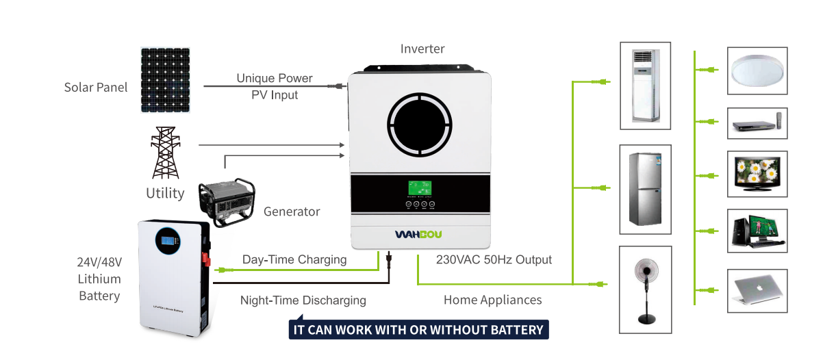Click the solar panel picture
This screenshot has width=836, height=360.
166,80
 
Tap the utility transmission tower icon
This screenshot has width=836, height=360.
165,153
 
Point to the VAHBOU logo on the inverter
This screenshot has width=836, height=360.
418,235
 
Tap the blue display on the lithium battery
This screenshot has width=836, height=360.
168,239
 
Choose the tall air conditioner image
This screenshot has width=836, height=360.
644,86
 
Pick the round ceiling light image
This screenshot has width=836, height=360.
757,70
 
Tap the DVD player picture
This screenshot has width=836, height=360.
757,125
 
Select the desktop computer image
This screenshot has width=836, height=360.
757,229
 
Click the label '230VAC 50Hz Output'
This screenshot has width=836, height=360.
494,260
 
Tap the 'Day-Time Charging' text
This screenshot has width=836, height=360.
294,260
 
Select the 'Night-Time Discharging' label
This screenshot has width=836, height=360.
303,300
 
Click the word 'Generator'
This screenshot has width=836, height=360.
292,211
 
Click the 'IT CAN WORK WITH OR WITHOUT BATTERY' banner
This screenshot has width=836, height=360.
418,330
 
